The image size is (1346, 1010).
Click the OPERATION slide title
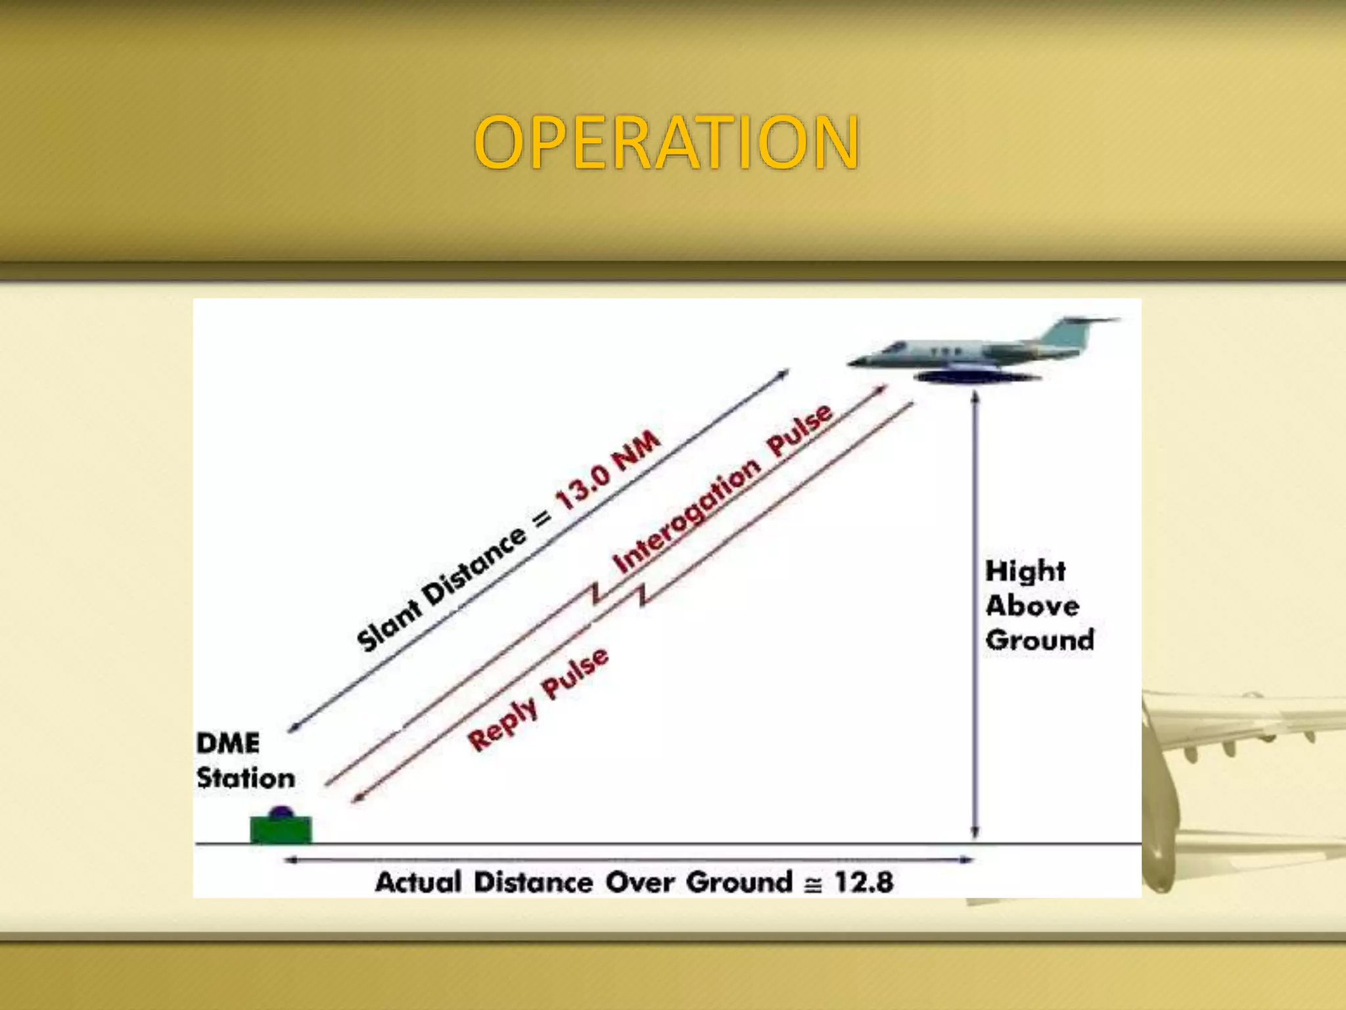666,142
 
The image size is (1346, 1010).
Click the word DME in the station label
228,744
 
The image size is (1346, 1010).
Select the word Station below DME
246,779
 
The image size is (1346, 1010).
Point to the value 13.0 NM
608,469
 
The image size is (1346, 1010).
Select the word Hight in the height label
1025,571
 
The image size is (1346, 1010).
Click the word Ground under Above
1039,640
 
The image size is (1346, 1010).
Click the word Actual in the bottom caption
418,882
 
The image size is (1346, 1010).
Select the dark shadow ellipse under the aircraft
977,377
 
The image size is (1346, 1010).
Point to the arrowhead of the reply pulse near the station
357,798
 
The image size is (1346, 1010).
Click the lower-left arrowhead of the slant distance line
294,728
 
